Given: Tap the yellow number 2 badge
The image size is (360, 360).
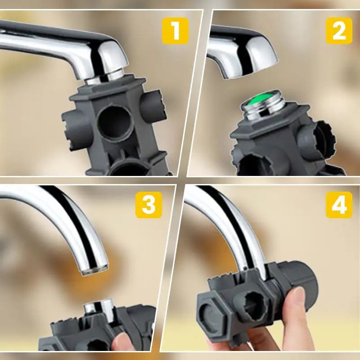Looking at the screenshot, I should click(339, 31).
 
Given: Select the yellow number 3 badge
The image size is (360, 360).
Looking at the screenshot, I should click(148, 205).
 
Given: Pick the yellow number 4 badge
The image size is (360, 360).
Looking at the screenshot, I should click(339, 205).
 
